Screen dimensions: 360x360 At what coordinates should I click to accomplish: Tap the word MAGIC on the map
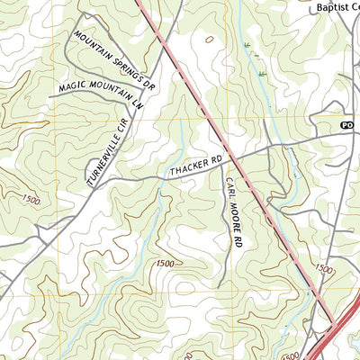(x=73, y=87)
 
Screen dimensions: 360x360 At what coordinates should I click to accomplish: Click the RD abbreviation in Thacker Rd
(x=212, y=161)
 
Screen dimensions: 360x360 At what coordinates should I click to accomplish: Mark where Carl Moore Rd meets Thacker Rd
(x=222, y=157)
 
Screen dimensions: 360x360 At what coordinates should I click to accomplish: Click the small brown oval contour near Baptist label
(x=210, y=40)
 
